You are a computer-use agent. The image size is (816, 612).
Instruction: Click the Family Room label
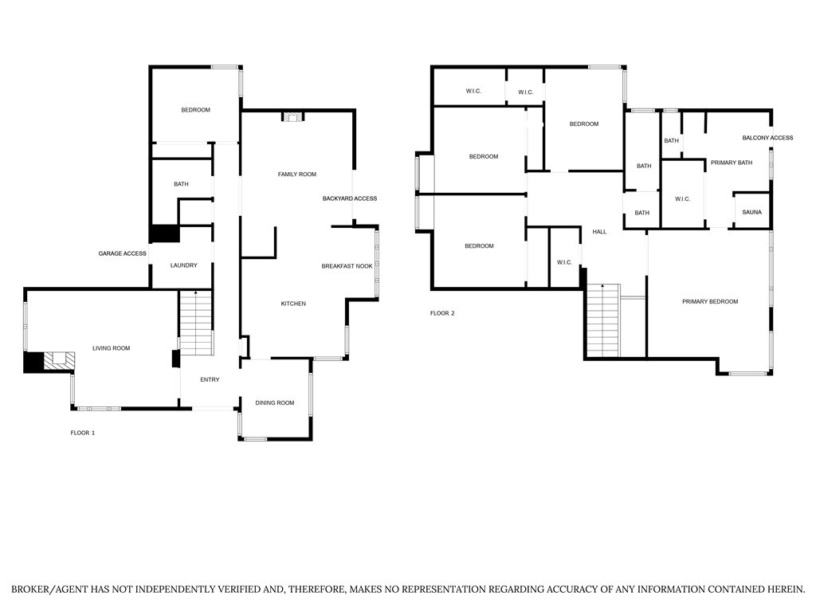tap(296, 175)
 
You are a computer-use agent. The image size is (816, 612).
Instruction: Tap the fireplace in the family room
tap(292, 116)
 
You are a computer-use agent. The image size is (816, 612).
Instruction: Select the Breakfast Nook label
tap(347, 266)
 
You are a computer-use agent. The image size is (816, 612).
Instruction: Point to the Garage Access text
tap(122, 253)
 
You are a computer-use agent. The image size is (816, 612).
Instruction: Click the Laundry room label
tap(184, 265)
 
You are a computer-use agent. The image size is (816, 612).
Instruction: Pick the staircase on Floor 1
tap(196, 323)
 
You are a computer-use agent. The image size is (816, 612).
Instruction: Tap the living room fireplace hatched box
tap(59, 361)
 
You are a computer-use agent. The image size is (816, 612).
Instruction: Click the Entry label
tap(210, 380)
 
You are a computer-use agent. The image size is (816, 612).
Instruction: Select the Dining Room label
tap(275, 402)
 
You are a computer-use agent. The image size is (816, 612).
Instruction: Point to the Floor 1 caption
tap(83, 433)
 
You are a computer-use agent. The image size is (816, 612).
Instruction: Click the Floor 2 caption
tap(442, 313)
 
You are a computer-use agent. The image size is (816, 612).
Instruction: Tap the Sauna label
tap(751, 212)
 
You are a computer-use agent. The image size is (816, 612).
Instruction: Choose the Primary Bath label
tap(732, 163)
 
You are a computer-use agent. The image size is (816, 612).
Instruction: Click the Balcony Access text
tap(767, 138)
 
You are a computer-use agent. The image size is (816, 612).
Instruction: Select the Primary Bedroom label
tap(710, 302)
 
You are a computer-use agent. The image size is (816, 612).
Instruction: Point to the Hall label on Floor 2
tap(599, 232)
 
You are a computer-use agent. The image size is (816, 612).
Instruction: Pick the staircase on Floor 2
tap(604, 320)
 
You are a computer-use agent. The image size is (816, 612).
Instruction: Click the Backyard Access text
tap(350, 198)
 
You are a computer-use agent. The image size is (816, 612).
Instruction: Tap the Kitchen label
tap(293, 304)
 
